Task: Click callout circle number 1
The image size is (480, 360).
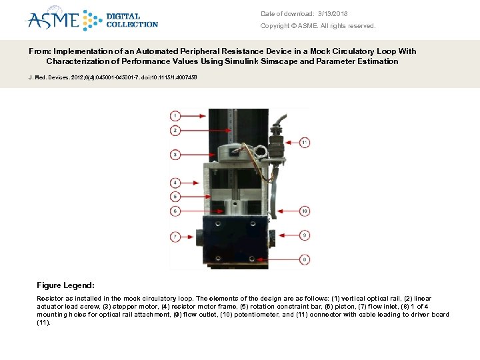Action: point(175,114)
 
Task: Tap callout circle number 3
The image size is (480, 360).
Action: point(175,154)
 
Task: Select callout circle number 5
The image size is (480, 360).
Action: point(175,197)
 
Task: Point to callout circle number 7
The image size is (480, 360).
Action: point(175,236)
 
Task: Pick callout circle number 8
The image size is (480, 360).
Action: point(305,259)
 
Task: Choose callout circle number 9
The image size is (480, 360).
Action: point(305,235)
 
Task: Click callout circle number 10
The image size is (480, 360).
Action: point(305,211)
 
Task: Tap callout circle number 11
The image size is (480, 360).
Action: point(305,142)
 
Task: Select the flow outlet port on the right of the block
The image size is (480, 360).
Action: point(272,236)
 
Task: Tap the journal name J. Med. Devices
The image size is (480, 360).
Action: point(47,77)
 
